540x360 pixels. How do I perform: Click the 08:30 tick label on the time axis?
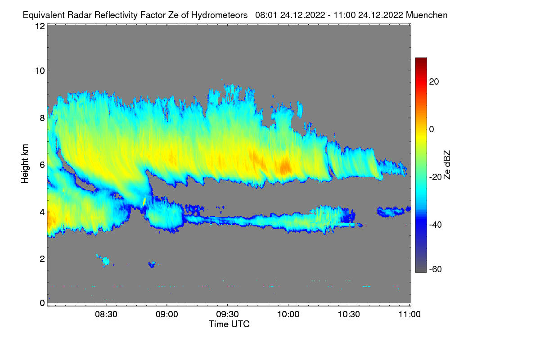point(106,315)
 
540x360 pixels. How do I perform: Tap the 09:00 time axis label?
point(166,315)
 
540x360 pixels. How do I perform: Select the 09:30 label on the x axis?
point(228,315)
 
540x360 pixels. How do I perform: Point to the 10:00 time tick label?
point(288,315)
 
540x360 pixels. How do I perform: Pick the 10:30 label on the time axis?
point(349,315)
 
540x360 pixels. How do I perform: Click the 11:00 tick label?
point(409,315)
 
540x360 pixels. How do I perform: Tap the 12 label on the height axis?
point(40,26)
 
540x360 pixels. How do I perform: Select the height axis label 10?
point(40,71)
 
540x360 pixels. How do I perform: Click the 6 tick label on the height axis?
point(42,165)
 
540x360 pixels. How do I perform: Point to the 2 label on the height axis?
point(42,259)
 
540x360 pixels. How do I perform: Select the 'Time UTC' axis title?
point(229,324)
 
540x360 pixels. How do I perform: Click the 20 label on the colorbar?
point(434,81)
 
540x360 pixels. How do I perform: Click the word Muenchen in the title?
point(427,15)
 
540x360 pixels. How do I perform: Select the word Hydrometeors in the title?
point(219,15)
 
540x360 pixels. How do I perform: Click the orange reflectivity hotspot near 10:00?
point(285,167)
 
